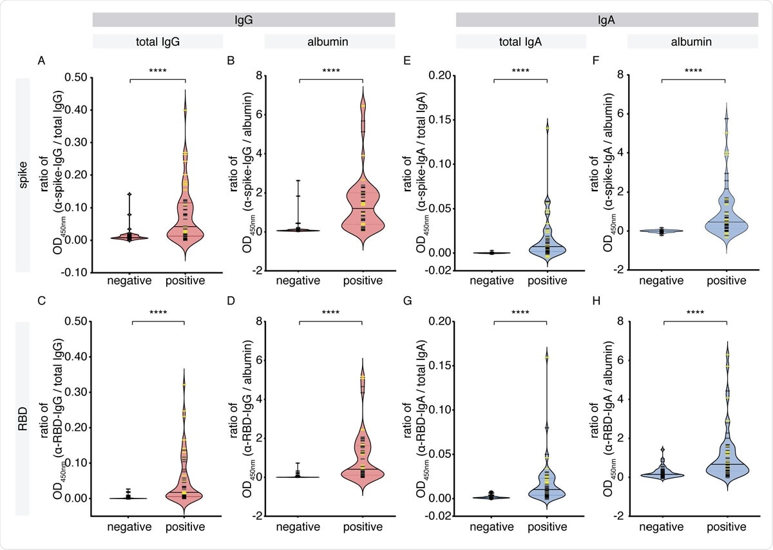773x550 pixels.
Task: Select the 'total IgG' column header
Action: click(x=158, y=41)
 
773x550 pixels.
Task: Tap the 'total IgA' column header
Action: click(x=521, y=41)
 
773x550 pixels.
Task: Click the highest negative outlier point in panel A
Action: click(x=129, y=194)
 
